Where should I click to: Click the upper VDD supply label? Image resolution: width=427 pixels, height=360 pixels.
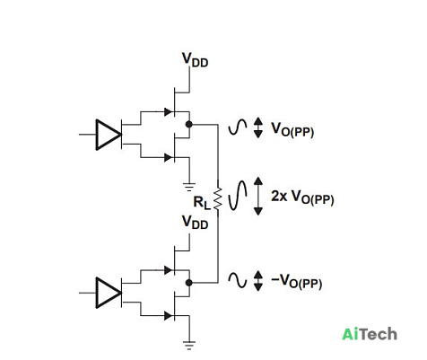[x=195, y=60]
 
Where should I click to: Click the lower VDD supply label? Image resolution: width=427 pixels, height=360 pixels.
[x=195, y=222]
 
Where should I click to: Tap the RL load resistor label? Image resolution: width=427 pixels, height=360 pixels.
[x=202, y=202]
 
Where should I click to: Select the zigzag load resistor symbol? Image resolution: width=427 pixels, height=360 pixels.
[x=218, y=198]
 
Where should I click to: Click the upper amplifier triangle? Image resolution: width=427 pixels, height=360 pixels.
[x=109, y=135]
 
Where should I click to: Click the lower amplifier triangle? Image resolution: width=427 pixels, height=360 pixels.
[x=109, y=293]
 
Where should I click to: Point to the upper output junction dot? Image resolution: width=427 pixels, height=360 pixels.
[x=188, y=124]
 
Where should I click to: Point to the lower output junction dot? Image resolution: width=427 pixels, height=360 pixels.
[x=188, y=283]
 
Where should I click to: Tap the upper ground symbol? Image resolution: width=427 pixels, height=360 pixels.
[x=189, y=187]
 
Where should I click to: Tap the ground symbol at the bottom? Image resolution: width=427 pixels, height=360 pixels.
[x=189, y=345]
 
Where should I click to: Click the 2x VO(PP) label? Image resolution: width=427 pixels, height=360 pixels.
[x=302, y=198]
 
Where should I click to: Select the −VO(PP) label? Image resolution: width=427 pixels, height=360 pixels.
[x=296, y=282]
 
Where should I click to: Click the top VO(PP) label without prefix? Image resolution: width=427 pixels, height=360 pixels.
[x=292, y=129]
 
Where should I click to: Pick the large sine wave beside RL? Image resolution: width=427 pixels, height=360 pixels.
[x=238, y=195]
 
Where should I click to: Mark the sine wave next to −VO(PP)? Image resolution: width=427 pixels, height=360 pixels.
[x=238, y=281]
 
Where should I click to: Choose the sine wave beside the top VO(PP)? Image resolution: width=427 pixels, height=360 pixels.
[x=238, y=127]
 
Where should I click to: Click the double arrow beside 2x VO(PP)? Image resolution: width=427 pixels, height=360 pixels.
[x=258, y=196]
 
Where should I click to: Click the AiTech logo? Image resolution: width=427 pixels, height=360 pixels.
[x=370, y=334]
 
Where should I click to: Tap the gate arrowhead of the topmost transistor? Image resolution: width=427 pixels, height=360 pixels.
[x=169, y=112]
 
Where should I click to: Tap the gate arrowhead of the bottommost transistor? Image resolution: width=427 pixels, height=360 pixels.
[x=169, y=315]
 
